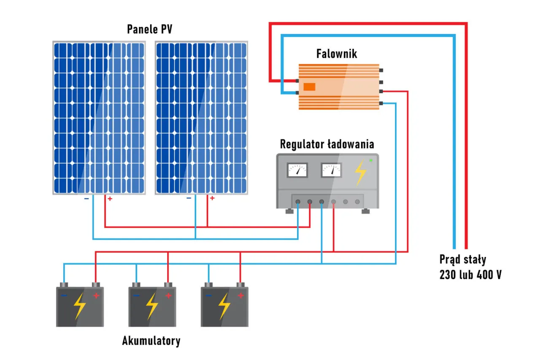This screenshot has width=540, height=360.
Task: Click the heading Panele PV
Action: click(x=150, y=29)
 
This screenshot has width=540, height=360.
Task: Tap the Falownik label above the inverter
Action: click(x=337, y=54)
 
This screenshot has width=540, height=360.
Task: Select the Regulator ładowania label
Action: click(x=327, y=144)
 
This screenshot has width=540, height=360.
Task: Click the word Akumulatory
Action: click(x=151, y=341)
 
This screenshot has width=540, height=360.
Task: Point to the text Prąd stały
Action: click(x=463, y=259)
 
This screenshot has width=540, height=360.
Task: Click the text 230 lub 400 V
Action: click(x=470, y=275)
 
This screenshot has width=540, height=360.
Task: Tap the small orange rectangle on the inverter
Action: click(x=310, y=87)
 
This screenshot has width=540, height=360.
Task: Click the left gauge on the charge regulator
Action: click(x=297, y=170)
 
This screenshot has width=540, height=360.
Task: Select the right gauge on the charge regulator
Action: click(x=331, y=170)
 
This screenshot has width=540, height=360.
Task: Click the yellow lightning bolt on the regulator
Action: click(x=360, y=172)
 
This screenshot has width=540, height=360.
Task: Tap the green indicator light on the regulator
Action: click(x=371, y=160)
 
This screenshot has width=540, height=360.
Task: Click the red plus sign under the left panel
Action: click(x=110, y=198)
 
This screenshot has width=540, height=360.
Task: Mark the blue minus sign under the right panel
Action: click(x=189, y=198)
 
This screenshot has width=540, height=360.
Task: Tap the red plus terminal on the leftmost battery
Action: click(x=96, y=295)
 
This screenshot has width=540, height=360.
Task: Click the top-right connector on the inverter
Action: click(x=381, y=70)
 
